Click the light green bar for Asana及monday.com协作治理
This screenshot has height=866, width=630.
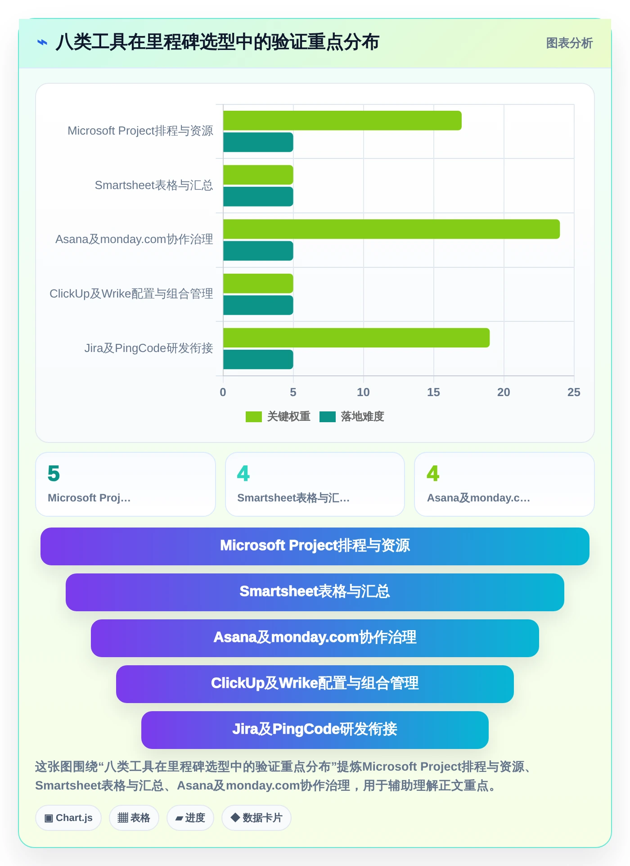(x=391, y=229)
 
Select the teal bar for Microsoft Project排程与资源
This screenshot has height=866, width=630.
(x=258, y=142)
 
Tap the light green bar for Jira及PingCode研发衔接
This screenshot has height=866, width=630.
(x=356, y=338)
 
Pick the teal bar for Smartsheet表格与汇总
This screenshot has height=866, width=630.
(x=258, y=197)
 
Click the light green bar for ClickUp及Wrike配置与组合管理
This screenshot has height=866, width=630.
(x=258, y=284)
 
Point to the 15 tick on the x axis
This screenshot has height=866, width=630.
(x=433, y=392)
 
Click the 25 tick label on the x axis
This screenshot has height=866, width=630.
(x=574, y=392)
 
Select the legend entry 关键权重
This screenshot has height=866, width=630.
(x=278, y=416)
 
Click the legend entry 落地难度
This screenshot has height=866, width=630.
(x=352, y=416)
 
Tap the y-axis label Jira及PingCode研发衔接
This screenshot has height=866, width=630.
(x=149, y=348)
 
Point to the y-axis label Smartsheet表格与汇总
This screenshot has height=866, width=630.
(x=154, y=185)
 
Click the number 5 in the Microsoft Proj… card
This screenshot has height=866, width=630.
(x=54, y=474)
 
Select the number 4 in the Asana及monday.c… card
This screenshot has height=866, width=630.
(x=433, y=474)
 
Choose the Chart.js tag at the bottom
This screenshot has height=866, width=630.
(x=68, y=818)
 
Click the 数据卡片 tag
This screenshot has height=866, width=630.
(x=256, y=818)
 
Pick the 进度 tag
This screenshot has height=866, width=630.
(x=190, y=818)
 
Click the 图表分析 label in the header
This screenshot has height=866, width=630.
(x=569, y=43)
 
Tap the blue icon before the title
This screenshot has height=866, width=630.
(x=42, y=42)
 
